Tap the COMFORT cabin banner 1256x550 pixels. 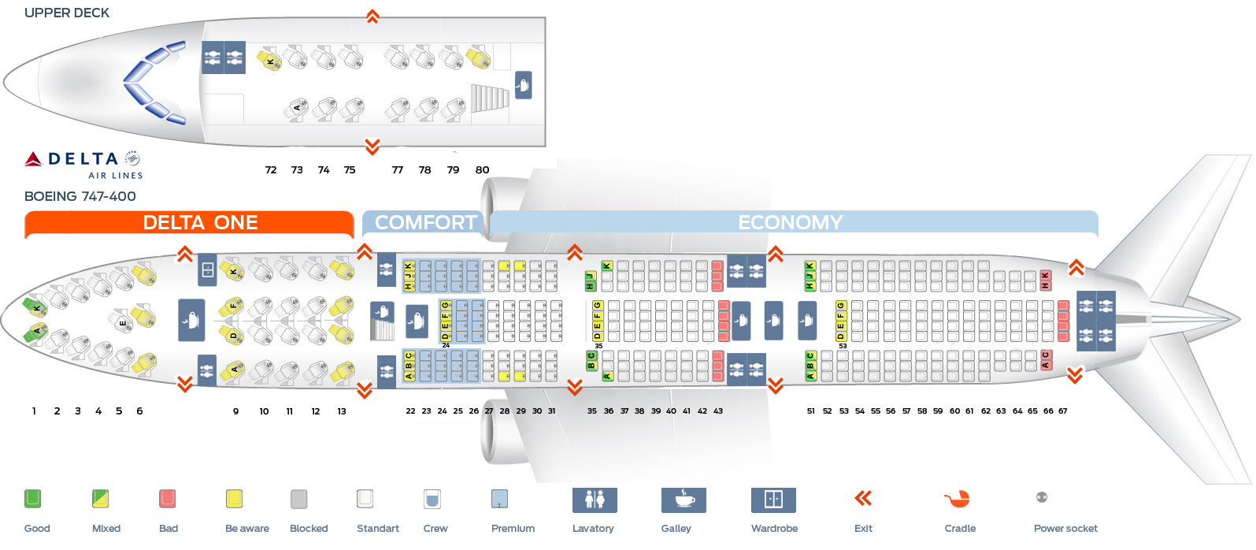425,223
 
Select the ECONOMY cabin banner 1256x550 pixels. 790,223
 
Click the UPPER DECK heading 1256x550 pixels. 67,13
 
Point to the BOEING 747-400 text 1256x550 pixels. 80,196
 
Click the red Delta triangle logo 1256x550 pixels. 33,159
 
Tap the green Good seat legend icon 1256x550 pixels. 32,499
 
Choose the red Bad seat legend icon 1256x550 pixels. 167,499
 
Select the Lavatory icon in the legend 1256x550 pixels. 595,500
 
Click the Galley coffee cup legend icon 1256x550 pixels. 684,500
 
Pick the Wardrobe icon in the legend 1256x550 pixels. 773,500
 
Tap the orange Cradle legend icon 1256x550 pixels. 958,499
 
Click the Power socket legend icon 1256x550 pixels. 1042,497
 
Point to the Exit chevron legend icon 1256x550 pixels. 863,498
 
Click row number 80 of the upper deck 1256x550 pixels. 482,170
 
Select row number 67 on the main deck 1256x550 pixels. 1063,411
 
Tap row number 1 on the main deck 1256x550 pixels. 34,411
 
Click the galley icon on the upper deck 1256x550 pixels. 523,84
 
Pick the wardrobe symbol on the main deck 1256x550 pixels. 207,270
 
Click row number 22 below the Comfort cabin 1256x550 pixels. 410,411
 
